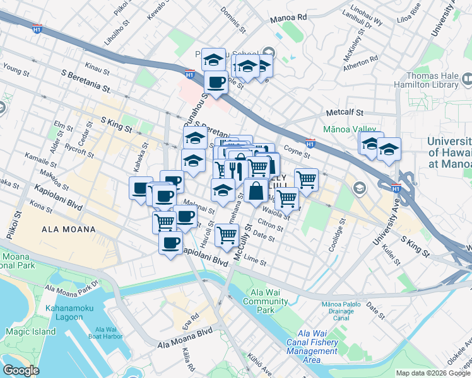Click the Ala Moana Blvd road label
click(185, 338)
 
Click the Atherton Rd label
click(361, 60)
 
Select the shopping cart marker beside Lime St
click(227, 235)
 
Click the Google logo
click(21, 370)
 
